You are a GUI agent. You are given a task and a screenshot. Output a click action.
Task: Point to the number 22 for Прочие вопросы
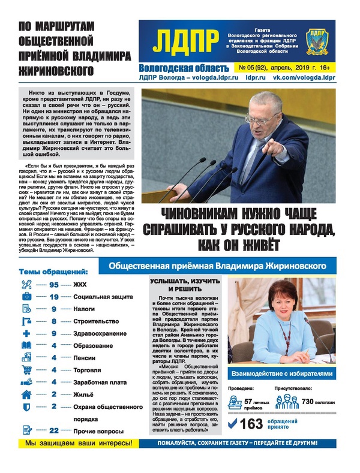point(53,430)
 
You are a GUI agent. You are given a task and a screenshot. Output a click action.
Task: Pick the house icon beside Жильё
point(26,394)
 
